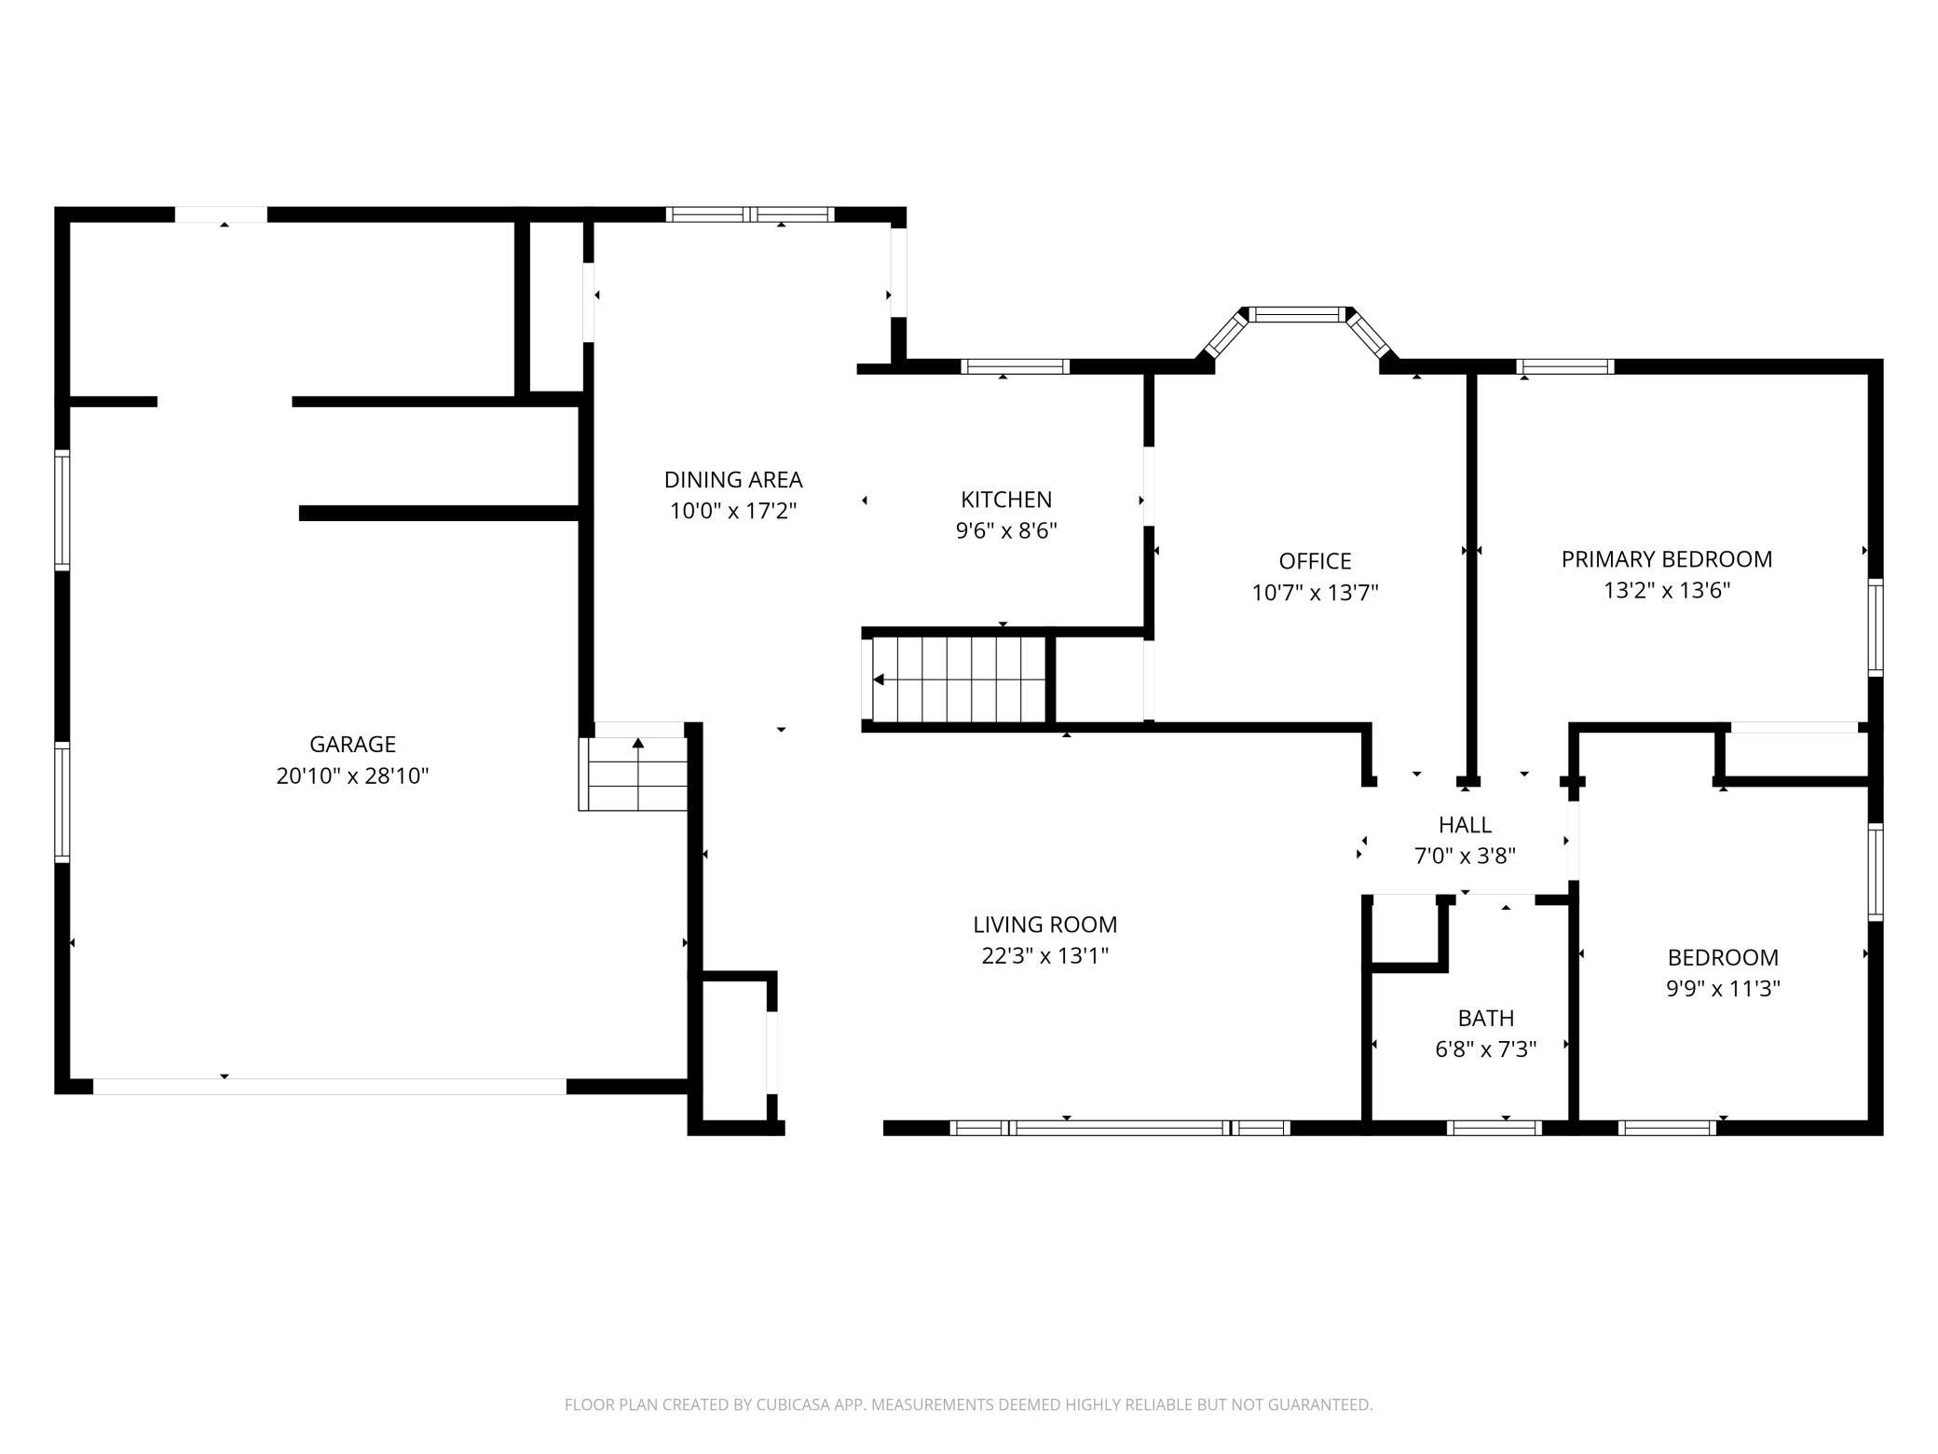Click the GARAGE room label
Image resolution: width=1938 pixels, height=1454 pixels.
[x=352, y=744]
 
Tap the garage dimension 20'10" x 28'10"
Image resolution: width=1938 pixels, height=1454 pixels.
[x=352, y=775]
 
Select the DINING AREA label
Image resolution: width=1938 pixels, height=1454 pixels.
[x=733, y=480]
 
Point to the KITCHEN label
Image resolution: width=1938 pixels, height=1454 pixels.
[x=1006, y=500]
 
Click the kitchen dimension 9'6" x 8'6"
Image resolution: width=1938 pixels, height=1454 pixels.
[x=1006, y=531]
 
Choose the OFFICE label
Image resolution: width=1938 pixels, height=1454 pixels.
[x=1315, y=561]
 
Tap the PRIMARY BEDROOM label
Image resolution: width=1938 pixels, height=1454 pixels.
[x=1667, y=559]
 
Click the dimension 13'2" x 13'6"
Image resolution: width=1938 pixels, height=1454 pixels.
[x=1667, y=591]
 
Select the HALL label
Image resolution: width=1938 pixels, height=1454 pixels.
[x=1465, y=825]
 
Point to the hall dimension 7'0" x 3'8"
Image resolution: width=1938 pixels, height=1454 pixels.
[x=1465, y=856]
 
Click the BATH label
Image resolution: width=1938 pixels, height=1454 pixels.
[x=1486, y=1018]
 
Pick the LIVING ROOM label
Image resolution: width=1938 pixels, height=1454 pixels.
[x=1045, y=925]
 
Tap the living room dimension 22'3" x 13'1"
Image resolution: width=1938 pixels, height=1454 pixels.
[x=1045, y=956]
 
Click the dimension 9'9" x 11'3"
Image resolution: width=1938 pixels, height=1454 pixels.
[x=1723, y=989]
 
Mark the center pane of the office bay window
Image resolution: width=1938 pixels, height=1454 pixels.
[x=1298, y=314]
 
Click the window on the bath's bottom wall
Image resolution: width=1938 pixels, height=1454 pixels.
[x=1494, y=1128]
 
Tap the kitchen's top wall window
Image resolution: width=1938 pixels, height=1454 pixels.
[x=1015, y=366]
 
